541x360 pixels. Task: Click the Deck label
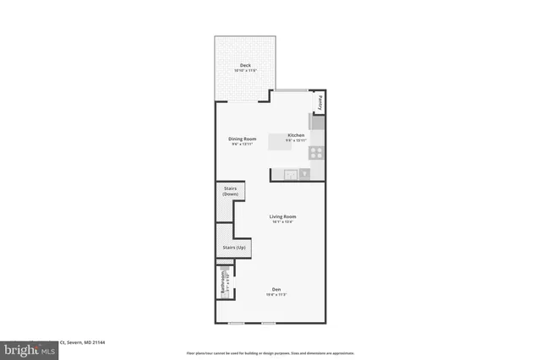(245, 65)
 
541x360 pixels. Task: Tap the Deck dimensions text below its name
(245, 70)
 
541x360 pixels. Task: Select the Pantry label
(320, 102)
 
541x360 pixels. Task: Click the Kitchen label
(296, 135)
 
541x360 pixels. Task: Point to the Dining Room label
(242, 139)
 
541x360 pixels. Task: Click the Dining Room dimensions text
(242, 145)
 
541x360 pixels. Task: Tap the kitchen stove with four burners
(317, 153)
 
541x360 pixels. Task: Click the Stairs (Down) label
(230, 192)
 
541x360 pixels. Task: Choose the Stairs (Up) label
(233, 248)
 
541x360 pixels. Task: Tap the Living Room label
(282, 217)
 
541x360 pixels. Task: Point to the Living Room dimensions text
(282, 223)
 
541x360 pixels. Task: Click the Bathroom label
(223, 282)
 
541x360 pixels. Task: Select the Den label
(276, 289)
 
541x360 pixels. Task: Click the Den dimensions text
(276, 295)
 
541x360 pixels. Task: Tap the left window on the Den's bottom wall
(237, 323)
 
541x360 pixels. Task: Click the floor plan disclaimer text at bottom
(270, 353)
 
